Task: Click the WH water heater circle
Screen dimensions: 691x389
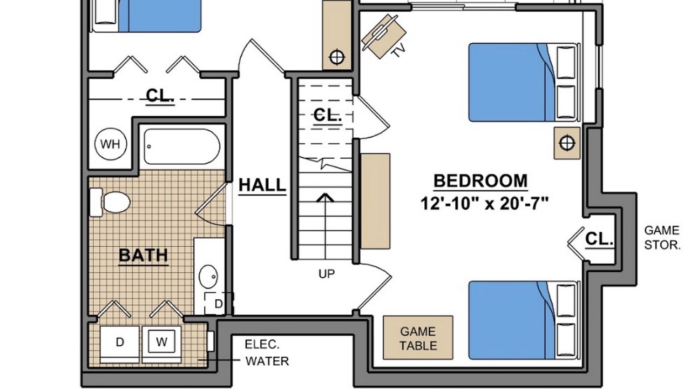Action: (111, 144)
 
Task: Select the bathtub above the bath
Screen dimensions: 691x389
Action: (182, 146)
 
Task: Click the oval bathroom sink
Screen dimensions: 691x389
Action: (208, 276)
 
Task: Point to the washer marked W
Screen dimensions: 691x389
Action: (161, 341)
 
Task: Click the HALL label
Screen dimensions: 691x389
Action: (262, 185)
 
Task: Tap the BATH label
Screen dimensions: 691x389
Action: (144, 256)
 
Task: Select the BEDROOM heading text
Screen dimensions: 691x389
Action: (480, 181)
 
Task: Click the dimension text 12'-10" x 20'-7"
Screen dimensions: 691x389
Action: (485, 204)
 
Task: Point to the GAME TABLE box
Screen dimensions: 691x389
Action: (418, 338)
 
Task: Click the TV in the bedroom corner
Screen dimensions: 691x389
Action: (383, 36)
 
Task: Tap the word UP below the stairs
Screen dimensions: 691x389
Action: (327, 274)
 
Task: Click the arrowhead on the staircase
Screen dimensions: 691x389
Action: (325, 198)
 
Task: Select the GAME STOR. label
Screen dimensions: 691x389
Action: (662, 238)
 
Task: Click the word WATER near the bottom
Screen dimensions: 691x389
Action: (267, 361)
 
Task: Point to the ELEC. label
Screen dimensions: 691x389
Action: (262, 345)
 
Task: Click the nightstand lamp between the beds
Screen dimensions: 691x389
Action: (567, 143)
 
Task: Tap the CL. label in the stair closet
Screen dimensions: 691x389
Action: (328, 116)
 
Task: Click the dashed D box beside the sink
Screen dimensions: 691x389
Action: (219, 304)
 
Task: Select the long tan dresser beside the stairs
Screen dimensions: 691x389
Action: (375, 201)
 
